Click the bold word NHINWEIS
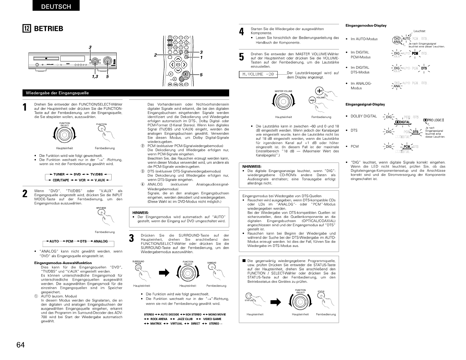tap(252, 166)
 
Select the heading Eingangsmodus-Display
tap(366, 26)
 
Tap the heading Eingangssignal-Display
tap(365, 105)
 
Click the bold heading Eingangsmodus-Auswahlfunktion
tap(63, 263)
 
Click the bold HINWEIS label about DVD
tap(140, 212)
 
